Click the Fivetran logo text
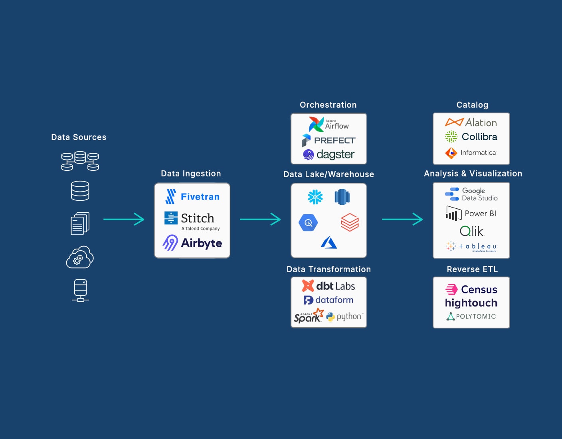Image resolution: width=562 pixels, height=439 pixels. point(200,197)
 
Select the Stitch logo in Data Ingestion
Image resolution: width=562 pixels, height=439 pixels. point(192,219)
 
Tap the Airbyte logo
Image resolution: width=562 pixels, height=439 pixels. point(192,243)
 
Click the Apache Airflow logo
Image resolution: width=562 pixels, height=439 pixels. point(328,125)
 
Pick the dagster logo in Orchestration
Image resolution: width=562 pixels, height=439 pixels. point(328,154)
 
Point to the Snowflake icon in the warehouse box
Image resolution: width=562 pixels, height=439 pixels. point(315,197)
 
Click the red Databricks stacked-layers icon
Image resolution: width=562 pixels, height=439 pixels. point(350,222)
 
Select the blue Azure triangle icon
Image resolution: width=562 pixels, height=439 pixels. point(329,243)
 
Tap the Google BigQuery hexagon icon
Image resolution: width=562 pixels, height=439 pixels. point(308,223)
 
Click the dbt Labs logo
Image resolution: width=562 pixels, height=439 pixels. point(328,286)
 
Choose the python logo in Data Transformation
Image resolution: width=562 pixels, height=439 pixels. point(344,316)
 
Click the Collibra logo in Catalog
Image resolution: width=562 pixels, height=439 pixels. point(471,137)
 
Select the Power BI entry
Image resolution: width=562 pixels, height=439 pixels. point(471,214)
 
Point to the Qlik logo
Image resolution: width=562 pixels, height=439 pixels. point(471,231)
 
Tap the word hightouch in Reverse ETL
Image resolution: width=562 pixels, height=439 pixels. point(471,303)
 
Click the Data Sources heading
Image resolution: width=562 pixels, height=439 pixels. point(79,137)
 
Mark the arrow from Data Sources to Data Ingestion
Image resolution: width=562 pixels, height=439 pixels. point(124,219)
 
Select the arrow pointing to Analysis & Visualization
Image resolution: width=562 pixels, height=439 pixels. point(402,219)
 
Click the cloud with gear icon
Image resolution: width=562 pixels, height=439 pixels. point(80,257)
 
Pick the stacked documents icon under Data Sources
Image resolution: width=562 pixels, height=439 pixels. point(80,223)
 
